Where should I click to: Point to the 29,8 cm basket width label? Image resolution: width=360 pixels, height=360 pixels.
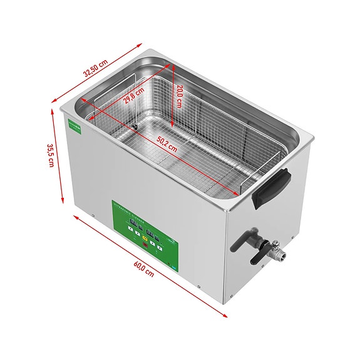[x=133, y=97]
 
